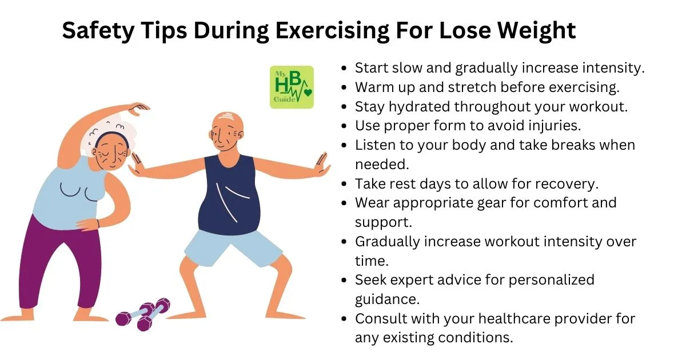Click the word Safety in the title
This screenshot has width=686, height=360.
coord(98,31)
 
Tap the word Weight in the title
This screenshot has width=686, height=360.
coord(537,31)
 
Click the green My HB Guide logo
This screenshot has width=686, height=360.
coord(292,87)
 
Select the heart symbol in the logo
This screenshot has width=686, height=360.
coord(308,92)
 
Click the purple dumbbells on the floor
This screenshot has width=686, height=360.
coord(143,314)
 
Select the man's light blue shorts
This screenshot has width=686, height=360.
coord(233,248)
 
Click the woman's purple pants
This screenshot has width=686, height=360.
coord(58,263)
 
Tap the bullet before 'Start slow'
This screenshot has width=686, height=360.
coord(344,68)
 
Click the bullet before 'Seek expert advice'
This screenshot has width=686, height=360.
coord(344,280)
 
